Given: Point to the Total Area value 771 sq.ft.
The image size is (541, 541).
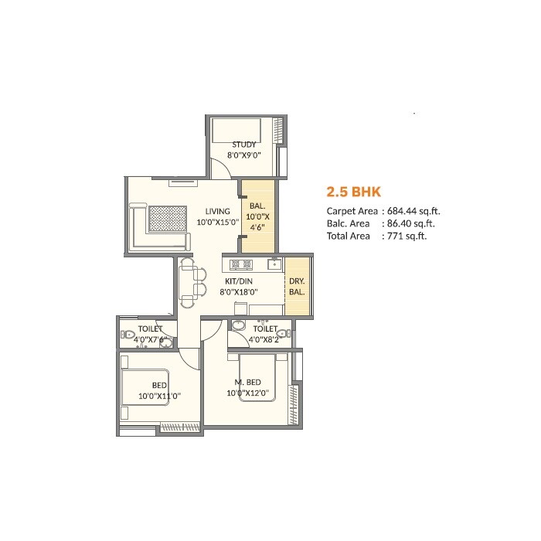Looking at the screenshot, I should click(x=405, y=236).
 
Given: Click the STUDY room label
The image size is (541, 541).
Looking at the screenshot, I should click(x=244, y=144).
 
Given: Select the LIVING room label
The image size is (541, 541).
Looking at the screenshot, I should click(x=217, y=211).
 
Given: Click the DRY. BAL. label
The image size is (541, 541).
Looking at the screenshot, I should click(x=296, y=288).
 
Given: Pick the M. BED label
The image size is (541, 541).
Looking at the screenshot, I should click(x=247, y=383).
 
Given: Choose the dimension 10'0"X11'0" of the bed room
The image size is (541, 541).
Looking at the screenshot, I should click(x=159, y=396).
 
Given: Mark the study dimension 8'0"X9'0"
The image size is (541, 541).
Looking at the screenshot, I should click(x=244, y=155).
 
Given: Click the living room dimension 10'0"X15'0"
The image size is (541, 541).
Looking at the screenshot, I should click(x=217, y=223).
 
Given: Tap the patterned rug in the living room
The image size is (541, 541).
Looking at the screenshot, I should click(x=168, y=219).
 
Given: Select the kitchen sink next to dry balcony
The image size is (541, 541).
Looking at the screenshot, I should click(x=273, y=264).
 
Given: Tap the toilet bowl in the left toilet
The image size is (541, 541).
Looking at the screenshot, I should click(x=127, y=335).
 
